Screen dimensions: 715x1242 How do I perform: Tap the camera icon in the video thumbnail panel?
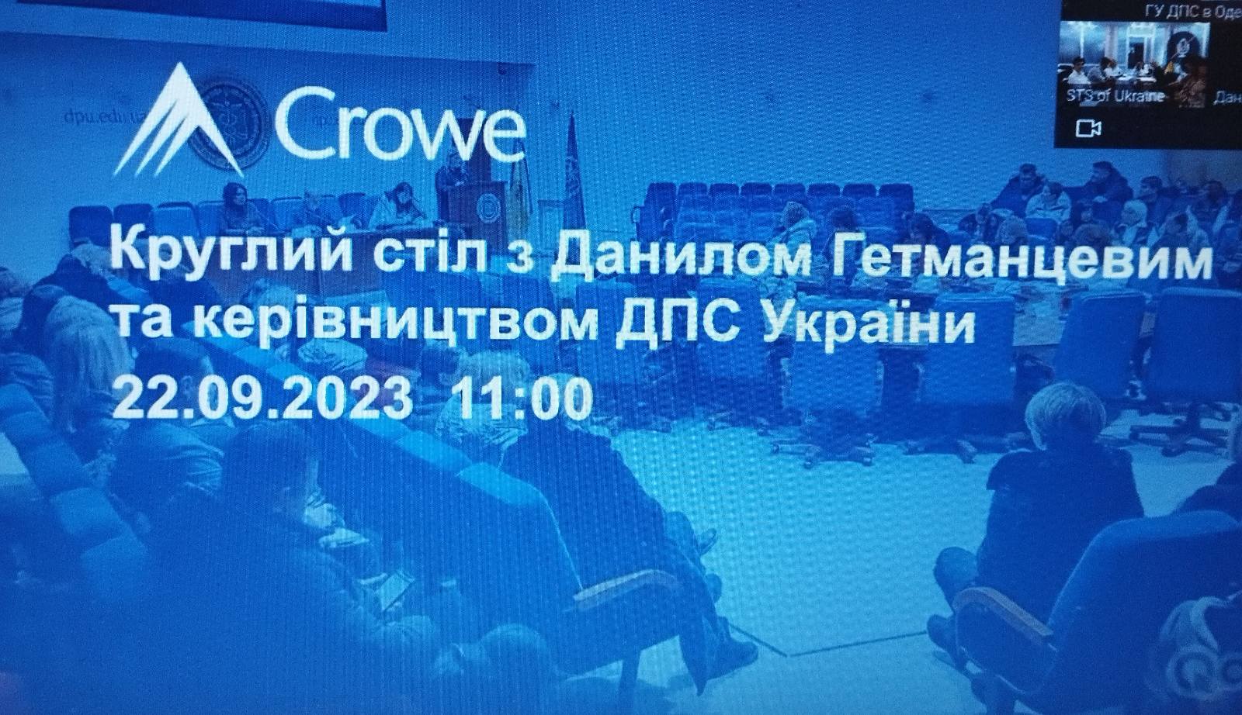pos(1089,127)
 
